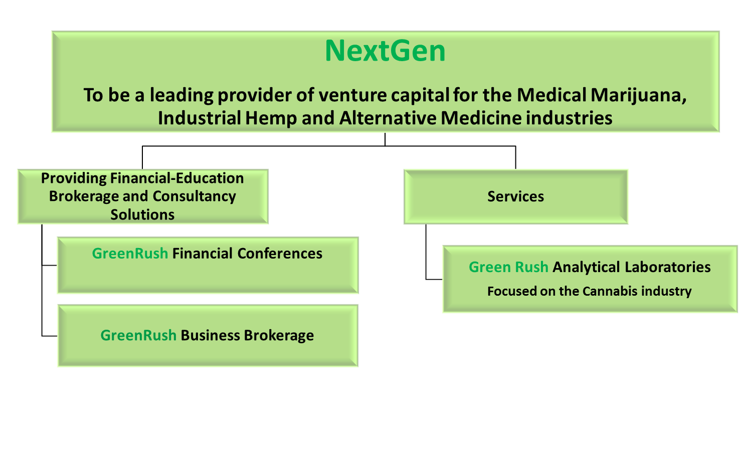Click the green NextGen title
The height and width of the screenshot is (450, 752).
pyautogui.click(x=385, y=51)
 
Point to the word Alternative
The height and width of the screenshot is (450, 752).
pyautogui.click(x=388, y=118)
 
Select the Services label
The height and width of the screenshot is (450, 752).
pyautogui.click(x=516, y=196)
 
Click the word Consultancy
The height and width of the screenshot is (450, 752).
pyautogui.click(x=195, y=196)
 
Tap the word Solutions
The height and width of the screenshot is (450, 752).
pyautogui.click(x=142, y=215)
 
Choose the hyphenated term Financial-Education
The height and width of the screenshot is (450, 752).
pyautogui.click(x=177, y=178)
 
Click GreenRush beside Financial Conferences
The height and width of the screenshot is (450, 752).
pyautogui.click(x=130, y=254)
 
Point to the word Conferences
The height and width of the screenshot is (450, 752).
pyautogui.click(x=280, y=254)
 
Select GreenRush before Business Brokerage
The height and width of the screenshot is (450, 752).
pyautogui.click(x=138, y=335)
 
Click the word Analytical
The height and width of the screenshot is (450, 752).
pyautogui.click(x=586, y=268)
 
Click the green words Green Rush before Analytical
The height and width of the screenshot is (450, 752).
pyautogui.click(x=509, y=267)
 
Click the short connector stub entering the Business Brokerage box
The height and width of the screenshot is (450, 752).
pyautogui.click(x=49, y=336)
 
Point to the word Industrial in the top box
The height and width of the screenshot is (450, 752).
pyautogui.click(x=200, y=118)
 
